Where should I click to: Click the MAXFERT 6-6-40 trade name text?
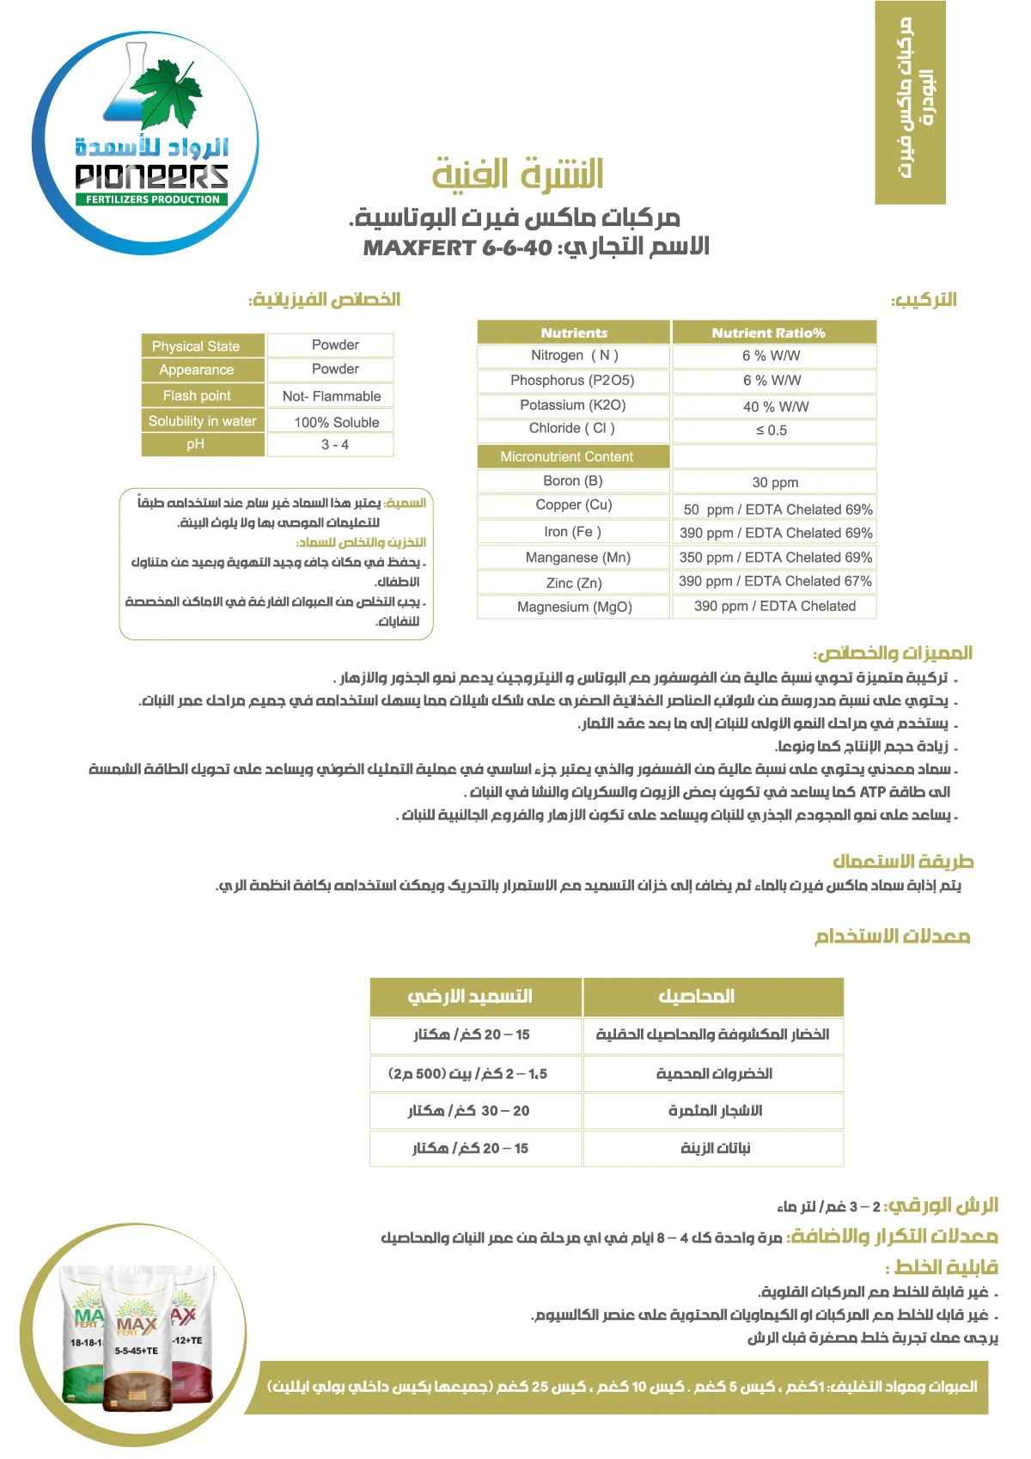point(457,248)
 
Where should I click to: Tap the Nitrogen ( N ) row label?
point(574,356)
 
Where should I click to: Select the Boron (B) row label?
point(573,481)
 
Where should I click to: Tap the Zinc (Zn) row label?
point(574,583)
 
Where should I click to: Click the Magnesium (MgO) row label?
point(574,607)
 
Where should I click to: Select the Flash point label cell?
point(197,396)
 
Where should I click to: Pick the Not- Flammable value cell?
point(332,396)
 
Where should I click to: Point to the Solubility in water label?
point(202,421)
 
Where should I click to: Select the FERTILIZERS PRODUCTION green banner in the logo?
point(153,199)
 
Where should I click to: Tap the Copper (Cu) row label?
point(574,505)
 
